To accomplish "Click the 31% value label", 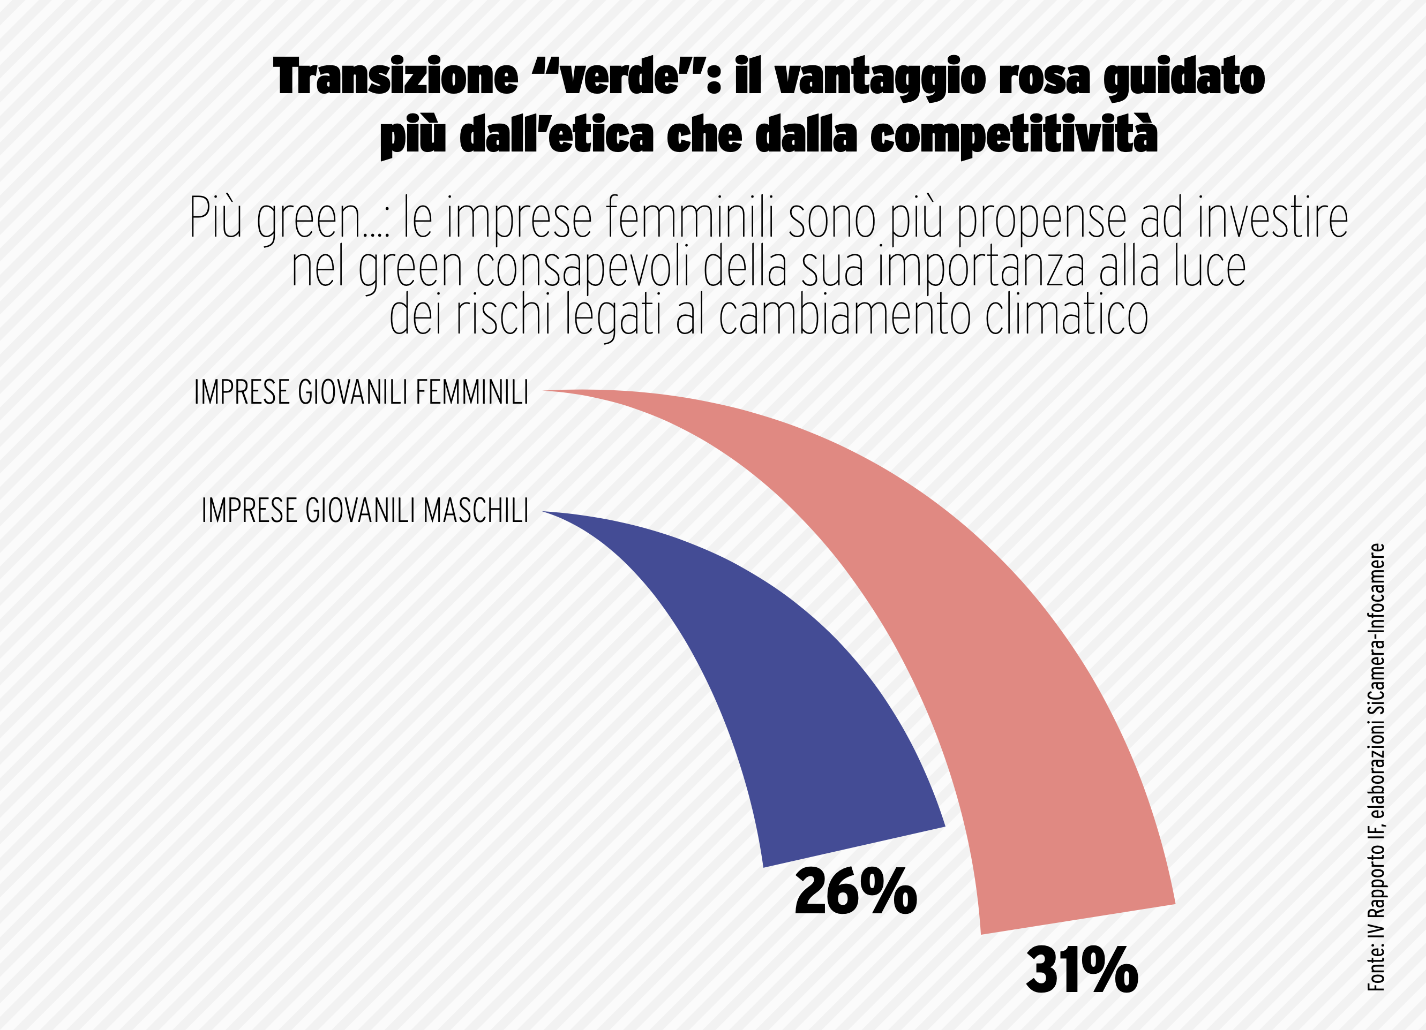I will [1082, 971].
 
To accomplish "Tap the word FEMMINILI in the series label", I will [471, 393].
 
